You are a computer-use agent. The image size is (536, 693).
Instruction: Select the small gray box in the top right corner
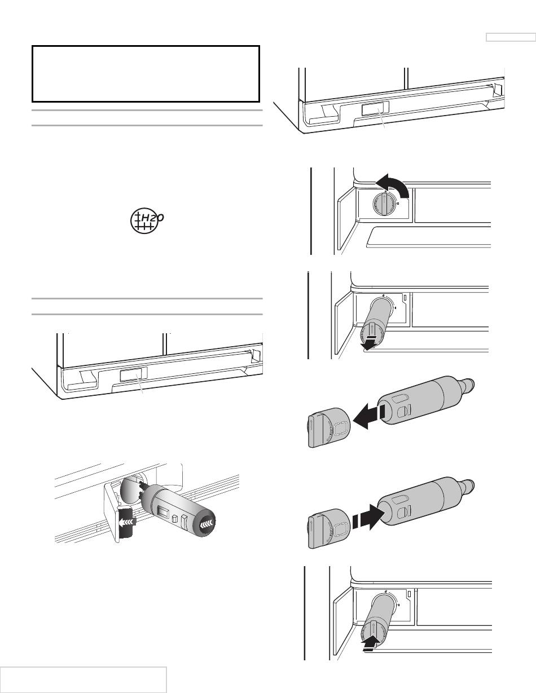510,37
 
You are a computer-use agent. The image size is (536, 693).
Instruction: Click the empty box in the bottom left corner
84,679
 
